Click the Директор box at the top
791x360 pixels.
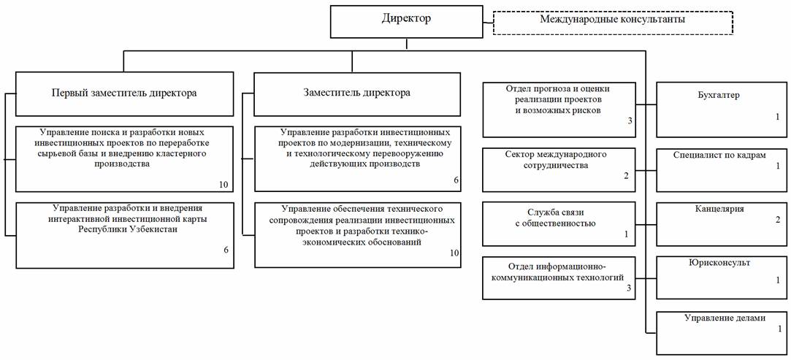point(406,22)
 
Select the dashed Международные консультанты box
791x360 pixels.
point(613,22)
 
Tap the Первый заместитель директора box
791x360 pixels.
point(124,93)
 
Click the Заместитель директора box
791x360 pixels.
point(356,93)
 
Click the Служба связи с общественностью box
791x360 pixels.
point(559,223)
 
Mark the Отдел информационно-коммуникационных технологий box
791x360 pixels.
point(559,277)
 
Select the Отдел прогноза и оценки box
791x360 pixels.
point(559,110)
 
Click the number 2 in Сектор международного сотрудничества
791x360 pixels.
point(625,176)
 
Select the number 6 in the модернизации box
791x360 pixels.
point(456,180)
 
